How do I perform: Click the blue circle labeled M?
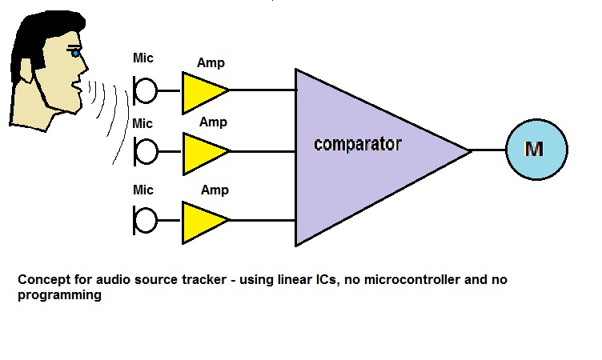[x=536, y=150]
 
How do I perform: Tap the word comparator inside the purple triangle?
[x=357, y=145]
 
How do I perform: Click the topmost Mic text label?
[x=142, y=58]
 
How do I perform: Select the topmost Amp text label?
[x=211, y=62]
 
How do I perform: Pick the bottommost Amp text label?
[x=213, y=190]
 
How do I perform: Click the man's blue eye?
[x=77, y=54]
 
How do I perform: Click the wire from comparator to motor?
[x=488, y=150]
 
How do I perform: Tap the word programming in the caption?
[x=58, y=295]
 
